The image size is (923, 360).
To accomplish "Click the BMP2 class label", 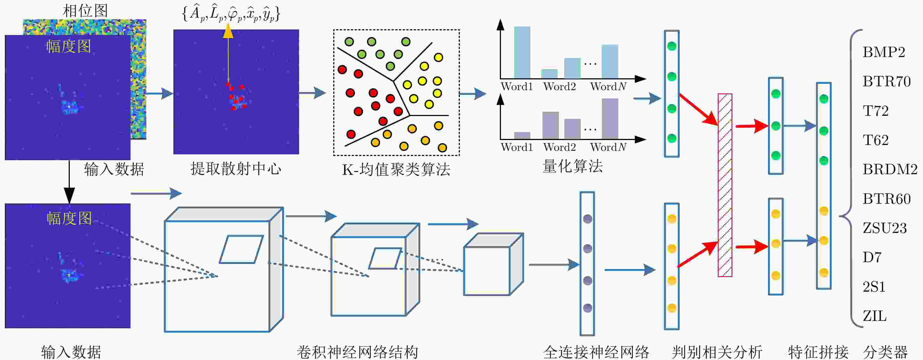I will (884, 52).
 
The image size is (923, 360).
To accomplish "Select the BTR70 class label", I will (887, 82).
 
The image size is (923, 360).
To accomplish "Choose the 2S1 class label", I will (874, 287).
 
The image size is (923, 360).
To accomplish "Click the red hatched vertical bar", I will (724, 185).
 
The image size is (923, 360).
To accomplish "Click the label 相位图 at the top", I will (85, 11).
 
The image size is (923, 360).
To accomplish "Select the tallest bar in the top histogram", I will (522, 52).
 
